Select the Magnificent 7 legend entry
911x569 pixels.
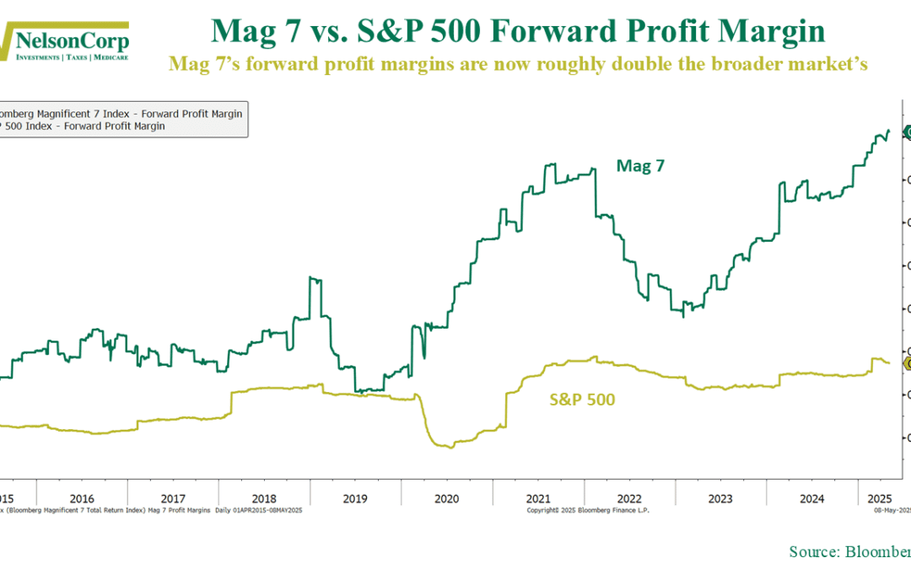(x=121, y=114)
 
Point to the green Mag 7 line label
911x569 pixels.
(x=640, y=166)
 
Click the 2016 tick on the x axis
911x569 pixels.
(x=81, y=498)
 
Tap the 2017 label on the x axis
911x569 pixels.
(x=172, y=498)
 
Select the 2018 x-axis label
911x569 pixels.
(x=263, y=498)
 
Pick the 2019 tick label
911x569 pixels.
(x=355, y=498)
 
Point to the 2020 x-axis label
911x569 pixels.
(x=446, y=498)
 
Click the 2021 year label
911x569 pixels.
(x=538, y=498)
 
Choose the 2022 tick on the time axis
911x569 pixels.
(x=629, y=498)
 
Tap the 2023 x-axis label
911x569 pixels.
(x=720, y=498)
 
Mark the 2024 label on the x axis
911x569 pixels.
(x=811, y=498)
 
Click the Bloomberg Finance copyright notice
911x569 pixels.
(x=588, y=510)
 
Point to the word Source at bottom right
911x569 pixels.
(x=811, y=551)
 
